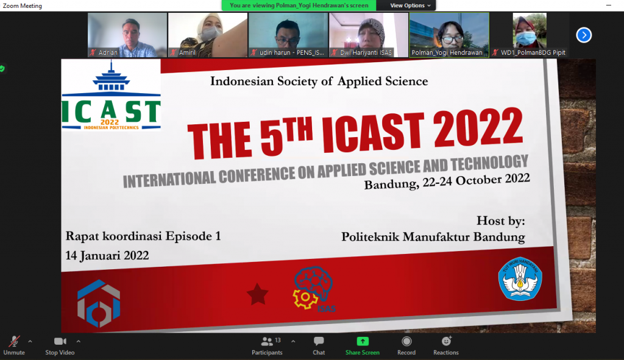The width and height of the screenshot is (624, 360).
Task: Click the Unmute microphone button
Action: point(14,345)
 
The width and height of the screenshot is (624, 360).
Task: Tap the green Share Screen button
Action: point(363,345)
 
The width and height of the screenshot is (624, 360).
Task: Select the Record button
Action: point(406,345)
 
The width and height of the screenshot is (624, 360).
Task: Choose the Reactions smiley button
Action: point(446,345)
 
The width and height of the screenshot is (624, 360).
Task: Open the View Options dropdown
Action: point(410,5)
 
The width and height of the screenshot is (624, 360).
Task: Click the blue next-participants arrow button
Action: point(584,35)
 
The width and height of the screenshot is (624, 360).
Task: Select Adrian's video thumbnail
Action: point(127,35)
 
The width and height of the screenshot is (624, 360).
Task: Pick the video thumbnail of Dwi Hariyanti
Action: point(369,35)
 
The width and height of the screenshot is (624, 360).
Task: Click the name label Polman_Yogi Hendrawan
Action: point(447,52)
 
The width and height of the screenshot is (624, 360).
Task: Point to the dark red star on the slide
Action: point(258,294)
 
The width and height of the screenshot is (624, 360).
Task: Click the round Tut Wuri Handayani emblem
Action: point(520,278)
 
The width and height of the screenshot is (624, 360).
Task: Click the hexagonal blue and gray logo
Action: point(99,303)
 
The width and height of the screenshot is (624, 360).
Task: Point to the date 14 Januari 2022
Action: point(107,255)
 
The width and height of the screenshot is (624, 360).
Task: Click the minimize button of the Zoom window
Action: point(609,5)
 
